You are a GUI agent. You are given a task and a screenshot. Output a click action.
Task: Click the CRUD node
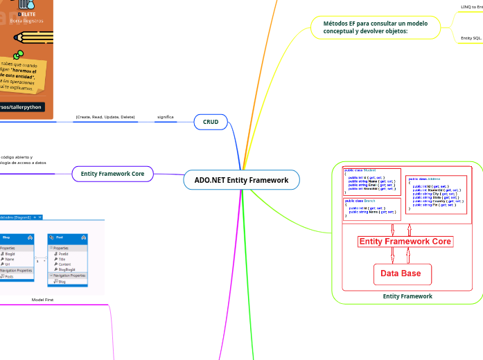pos(211,122)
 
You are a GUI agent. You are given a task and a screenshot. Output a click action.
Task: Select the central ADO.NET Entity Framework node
pos(241,180)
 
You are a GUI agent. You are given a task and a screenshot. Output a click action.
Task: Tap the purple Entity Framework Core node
pos(112,174)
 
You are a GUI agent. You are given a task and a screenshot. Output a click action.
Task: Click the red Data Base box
pos(402,273)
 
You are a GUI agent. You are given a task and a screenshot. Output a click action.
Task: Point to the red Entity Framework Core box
pos(405,242)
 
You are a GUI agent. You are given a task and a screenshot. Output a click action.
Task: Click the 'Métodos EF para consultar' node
pos(375,27)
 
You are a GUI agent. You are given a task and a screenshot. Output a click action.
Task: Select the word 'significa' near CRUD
pos(165,117)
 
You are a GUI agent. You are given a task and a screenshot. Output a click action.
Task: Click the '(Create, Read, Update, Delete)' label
pos(105,117)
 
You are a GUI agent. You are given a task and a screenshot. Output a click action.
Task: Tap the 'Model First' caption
pos(42,300)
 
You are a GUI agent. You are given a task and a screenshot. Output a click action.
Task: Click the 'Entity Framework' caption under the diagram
pos(407,296)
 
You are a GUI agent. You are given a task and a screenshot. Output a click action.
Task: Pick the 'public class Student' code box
pos(372,181)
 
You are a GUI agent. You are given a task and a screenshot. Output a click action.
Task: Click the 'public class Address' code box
pos(436,193)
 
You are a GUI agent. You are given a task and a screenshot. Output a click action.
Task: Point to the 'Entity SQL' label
pos(471,38)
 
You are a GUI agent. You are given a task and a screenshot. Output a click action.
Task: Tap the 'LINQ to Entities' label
pos(471,7)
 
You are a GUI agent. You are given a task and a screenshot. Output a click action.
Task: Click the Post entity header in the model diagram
pos(67,237)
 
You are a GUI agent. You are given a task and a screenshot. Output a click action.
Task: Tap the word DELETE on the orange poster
pos(27,14)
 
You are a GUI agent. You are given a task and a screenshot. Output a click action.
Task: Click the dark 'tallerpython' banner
pos(22,107)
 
